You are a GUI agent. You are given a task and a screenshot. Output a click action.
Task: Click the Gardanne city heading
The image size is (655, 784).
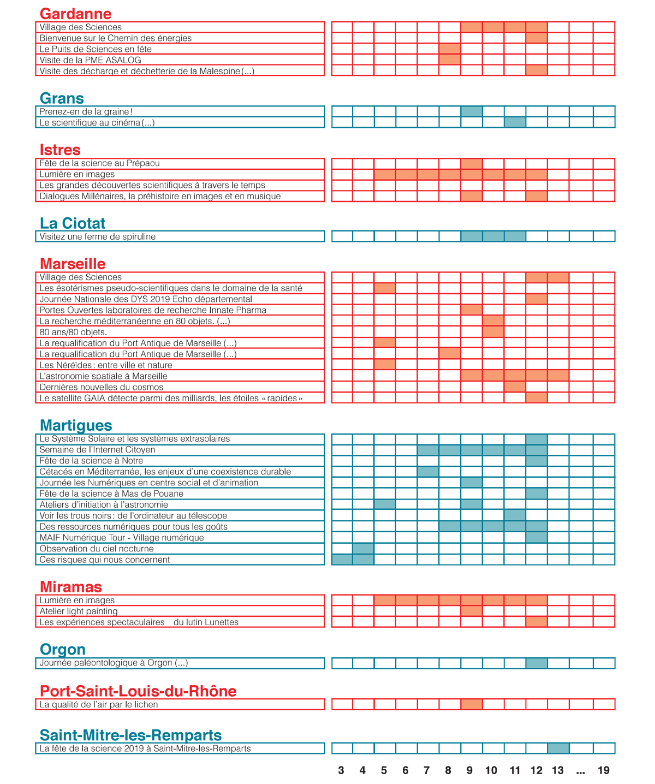click(x=76, y=14)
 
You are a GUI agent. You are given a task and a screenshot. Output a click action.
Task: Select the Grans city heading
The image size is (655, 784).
click(x=62, y=98)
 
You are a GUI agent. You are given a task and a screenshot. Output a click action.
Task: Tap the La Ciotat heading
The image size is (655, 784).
click(x=73, y=223)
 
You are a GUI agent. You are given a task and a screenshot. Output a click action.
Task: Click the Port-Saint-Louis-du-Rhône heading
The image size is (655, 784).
click(x=138, y=691)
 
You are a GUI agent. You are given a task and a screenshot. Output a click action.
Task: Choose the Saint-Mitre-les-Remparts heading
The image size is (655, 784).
click(x=130, y=735)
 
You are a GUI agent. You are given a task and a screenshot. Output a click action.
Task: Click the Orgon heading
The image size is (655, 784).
click(x=63, y=650)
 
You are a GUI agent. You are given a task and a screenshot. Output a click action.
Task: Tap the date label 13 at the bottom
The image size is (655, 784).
click(x=558, y=770)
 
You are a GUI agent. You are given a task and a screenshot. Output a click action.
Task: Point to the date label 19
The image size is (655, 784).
click(x=603, y=770)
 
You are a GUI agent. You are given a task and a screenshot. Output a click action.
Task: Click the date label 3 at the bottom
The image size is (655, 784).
click(x=341, y=770)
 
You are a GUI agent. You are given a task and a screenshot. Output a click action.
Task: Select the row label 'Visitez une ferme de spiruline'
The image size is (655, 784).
click(x=97, y=236)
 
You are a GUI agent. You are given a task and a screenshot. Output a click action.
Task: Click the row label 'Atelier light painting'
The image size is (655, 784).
click(x=78, y=611)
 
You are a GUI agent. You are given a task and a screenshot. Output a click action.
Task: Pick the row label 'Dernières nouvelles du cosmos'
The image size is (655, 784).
click(x=101, y=387)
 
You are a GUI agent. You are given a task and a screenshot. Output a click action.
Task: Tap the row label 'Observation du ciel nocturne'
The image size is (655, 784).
click(x=97, y=548)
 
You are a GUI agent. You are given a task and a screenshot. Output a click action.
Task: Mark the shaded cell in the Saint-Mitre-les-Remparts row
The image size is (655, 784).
click(x=558, y=748)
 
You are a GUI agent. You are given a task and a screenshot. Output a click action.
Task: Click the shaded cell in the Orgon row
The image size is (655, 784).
click(x=537, y=663)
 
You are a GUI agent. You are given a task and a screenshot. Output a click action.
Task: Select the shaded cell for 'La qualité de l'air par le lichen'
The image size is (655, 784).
click(x=472, y=704)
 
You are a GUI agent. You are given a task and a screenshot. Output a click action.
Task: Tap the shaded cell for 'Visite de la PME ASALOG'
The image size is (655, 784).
click(x=450, y=60)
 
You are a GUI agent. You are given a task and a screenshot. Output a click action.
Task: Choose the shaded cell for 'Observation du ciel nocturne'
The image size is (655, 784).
click(x=364, y=548)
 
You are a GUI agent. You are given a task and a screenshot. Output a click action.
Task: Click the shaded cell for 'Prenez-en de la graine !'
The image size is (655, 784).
click(x=472, y=111)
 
